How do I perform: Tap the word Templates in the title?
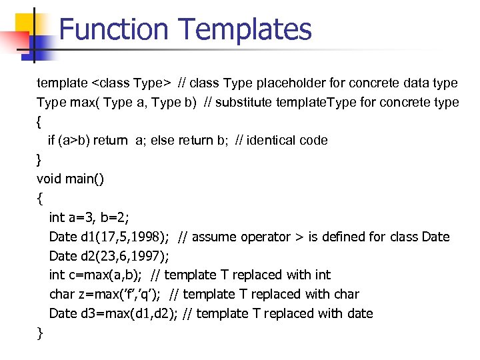(x=245, y=29)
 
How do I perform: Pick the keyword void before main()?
(x=49, y=179)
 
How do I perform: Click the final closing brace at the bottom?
(x=40, y=332)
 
